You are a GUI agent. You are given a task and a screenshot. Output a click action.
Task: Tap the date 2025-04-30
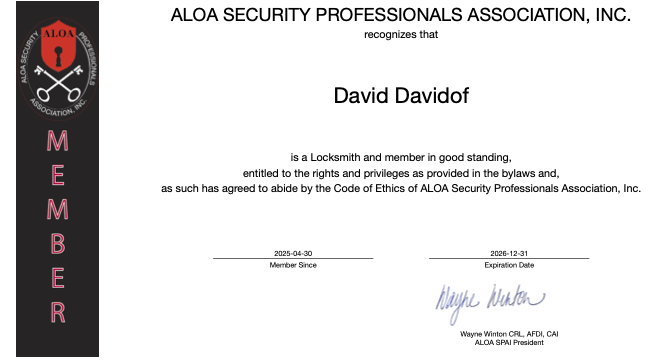pos(293,254)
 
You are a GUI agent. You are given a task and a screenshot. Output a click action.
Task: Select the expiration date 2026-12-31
pos(509,254)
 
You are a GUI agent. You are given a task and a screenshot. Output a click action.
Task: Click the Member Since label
pos(293,265)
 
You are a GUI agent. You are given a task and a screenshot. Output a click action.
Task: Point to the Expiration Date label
pos(509,265)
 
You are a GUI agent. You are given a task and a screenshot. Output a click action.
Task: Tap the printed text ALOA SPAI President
pos(510,342)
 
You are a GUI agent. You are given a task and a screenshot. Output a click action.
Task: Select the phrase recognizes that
pos(401,33)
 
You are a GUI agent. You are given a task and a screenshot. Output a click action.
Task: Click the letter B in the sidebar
pos(58,243)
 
